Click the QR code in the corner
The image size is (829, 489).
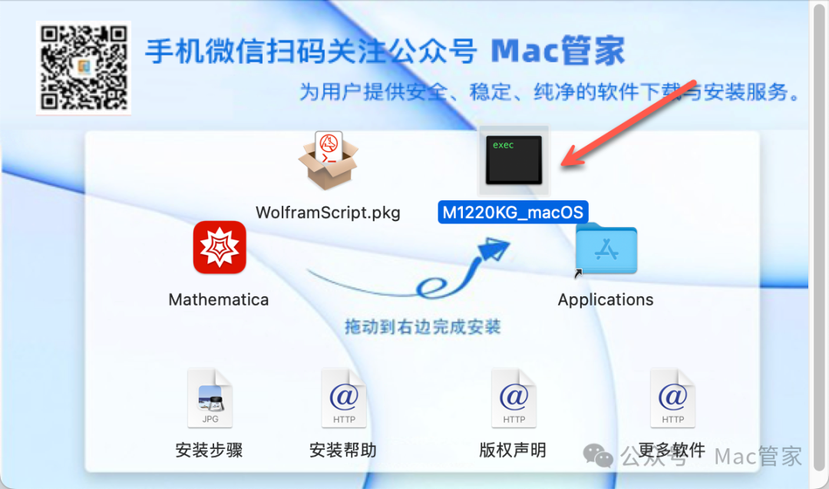click(x=83, y=68)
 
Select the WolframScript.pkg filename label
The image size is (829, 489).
click(x=328, y=212)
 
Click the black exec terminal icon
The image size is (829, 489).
click(x=514, y=160)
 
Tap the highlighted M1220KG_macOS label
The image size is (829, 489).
click(x=513, y=212)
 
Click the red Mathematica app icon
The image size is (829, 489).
click(x=220, y=247)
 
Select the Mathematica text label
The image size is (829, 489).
click(x=219, y=299)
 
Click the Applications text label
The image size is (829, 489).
click(x=606, y=299)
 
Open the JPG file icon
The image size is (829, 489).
click(x=210, y=398)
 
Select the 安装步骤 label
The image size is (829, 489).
click(x=209, y=450)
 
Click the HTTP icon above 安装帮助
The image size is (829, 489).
click(x=344, y=398)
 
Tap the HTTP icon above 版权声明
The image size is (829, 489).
click(x=514, y=398)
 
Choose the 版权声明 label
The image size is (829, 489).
click(x=513, y=450)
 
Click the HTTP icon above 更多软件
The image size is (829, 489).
click(x=672, y=398)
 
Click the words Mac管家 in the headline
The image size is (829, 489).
click(x=558, y=51)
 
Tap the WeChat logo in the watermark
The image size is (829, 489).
click(x=599, y=456)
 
